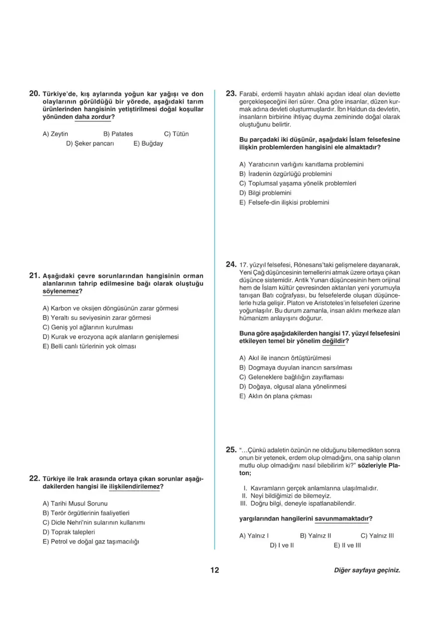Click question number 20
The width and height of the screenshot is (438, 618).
34,93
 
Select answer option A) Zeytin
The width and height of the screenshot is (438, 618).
55,134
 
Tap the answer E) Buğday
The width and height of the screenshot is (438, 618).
148,143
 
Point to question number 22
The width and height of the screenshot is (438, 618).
34,478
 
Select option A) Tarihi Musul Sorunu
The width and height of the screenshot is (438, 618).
75,504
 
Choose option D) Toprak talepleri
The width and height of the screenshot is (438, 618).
69,532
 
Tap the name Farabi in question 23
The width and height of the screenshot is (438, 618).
249,94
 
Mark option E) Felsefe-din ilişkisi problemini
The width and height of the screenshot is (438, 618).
284,202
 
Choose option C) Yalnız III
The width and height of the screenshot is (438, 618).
377,535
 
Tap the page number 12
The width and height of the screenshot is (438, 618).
215,570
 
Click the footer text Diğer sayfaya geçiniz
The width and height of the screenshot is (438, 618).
367,571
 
